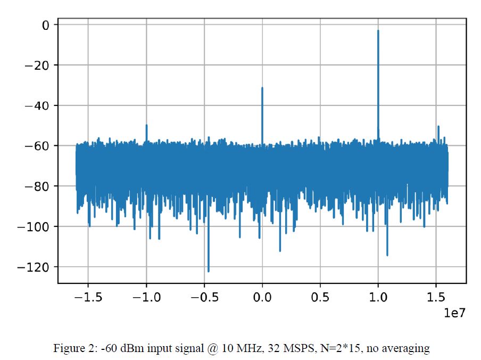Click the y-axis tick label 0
tap(46, 25)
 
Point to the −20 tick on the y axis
tap(38, 66)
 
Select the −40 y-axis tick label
tap(38, 105)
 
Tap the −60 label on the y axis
tap(38, 146)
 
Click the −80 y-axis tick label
tap(38, 186)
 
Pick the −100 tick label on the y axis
tap(35, 227)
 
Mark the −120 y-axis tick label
tap(35, 267)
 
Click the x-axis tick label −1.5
tap(88, 298)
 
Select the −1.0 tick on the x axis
tap(146, 298)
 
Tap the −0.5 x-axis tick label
tap(204, 298)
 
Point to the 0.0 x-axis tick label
tap(262, 298)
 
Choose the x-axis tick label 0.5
tap(320, 298)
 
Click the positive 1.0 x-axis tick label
tap(378, 298)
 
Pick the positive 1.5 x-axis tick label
tap(436, 298)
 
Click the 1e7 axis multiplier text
tap(455, 313)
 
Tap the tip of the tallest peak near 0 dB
tap(378, 31)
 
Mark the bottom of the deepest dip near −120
tap(209, 271)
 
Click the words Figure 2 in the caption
tap(72, 349)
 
